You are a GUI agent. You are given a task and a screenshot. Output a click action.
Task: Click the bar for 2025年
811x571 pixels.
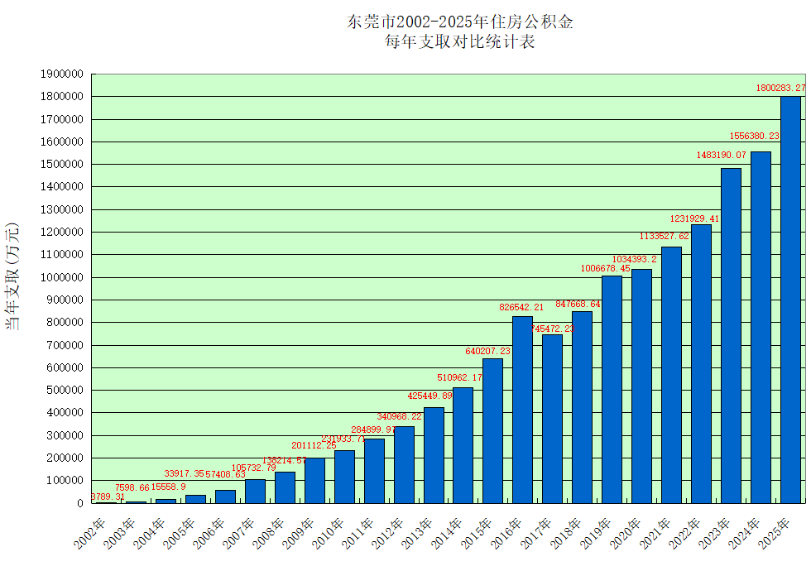(x=790, y=300)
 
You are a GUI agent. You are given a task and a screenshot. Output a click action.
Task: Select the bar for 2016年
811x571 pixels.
(x=522, y=410)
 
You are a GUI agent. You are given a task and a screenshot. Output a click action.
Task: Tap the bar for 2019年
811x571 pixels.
(x=612, y=389)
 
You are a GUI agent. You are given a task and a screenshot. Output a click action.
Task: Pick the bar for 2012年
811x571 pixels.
(x=404, y=464)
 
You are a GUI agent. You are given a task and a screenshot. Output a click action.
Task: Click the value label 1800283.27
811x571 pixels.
(x=780, y=88)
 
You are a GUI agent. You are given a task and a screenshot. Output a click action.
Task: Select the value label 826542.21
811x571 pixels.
(x=521, y=307)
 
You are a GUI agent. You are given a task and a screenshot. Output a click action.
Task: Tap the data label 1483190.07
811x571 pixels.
(x=722, y=155)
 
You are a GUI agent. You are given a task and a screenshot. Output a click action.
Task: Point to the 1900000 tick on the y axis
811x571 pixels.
(x=62, y=74)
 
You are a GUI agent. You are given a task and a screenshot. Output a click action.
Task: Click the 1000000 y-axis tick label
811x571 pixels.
(x=62, y=277)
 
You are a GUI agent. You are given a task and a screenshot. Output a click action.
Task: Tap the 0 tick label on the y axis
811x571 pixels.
(x=80, y=502)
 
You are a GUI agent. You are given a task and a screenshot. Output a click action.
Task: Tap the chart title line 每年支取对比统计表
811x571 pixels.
(x=460, y=41)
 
